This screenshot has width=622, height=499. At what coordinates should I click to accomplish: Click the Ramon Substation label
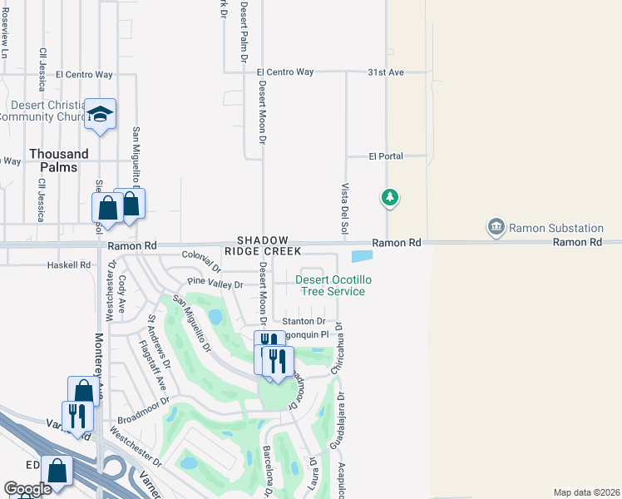[x=555, y=228]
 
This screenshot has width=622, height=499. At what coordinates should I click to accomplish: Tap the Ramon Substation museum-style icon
[x=496, y=227]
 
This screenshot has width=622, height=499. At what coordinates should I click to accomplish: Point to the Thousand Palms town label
[x=58, y=161]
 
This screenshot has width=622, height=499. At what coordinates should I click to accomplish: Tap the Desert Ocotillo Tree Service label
[x=330, y=285]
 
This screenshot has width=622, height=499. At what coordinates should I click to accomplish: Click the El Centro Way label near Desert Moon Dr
[x=285, y=72]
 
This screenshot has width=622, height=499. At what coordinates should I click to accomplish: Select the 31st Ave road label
[x=386, y=72]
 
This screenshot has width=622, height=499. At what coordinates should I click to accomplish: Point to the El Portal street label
[x=386, y=156]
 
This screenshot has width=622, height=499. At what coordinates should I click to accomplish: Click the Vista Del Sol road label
[x=343, y=208]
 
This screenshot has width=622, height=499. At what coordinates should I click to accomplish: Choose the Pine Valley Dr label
[x=215, y=284]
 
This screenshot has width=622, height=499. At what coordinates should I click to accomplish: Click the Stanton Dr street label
[x=304, y=321]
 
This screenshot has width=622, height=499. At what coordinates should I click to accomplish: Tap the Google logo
[x=27, y=489]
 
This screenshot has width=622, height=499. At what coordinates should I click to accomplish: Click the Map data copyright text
[x=586, y=492]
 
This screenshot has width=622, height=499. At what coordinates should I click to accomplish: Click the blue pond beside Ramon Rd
[x=363, y=257]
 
